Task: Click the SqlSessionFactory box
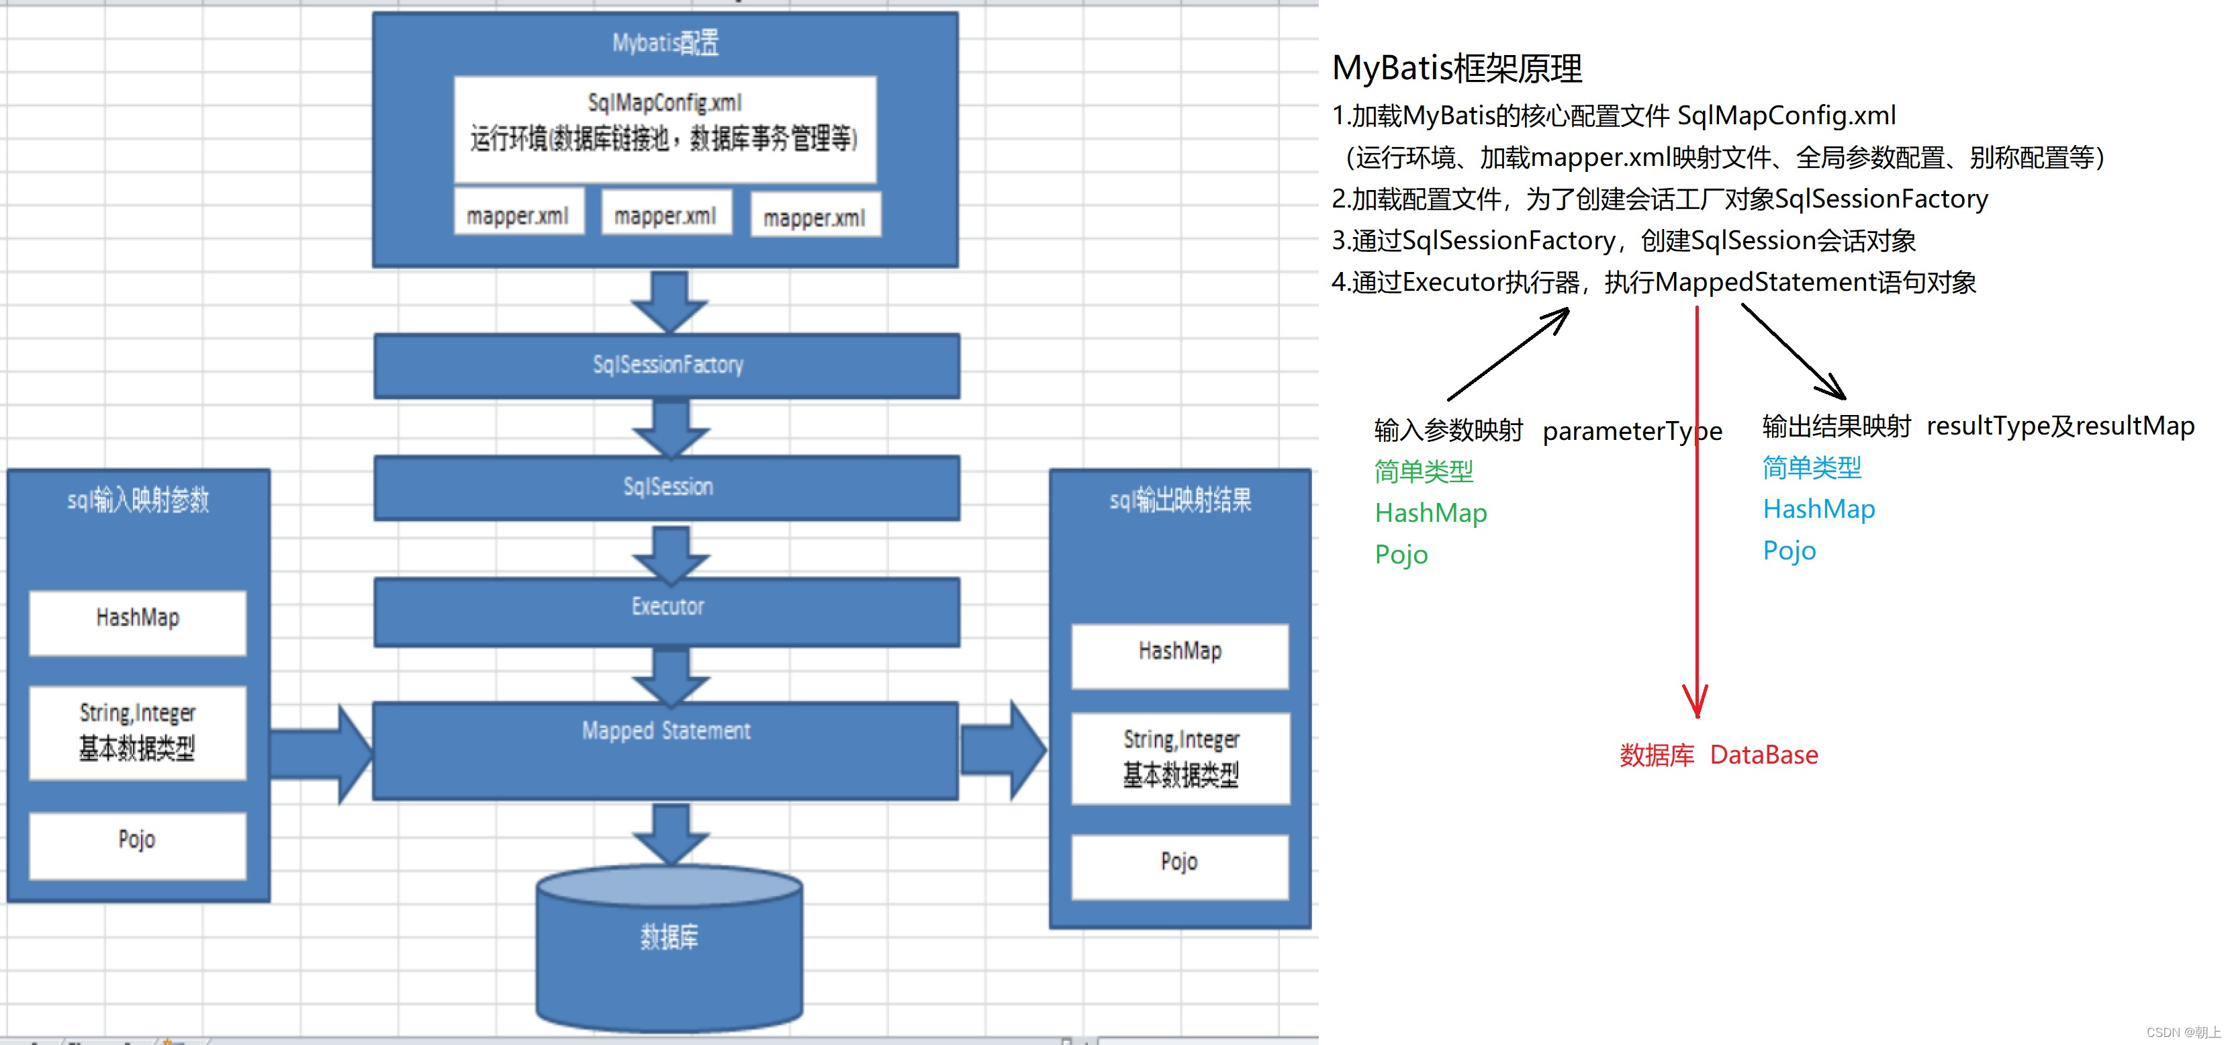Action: pyautogui.click(x=667, y=365)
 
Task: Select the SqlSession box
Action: pyautogui.click(x=667, y=487)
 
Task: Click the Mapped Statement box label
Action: pyautogui.click(x=665, y=731)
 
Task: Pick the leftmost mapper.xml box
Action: pyautogui.click(x=518, y=214)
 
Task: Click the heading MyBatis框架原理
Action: pyautogui.click(x=1456, y=69)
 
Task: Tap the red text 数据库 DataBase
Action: pyautogui.click(x=1718, y=755)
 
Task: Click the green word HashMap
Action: pyautogui.click(x=1430, y=513)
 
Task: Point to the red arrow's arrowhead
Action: pyautogui.click(x=1695, y=704)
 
